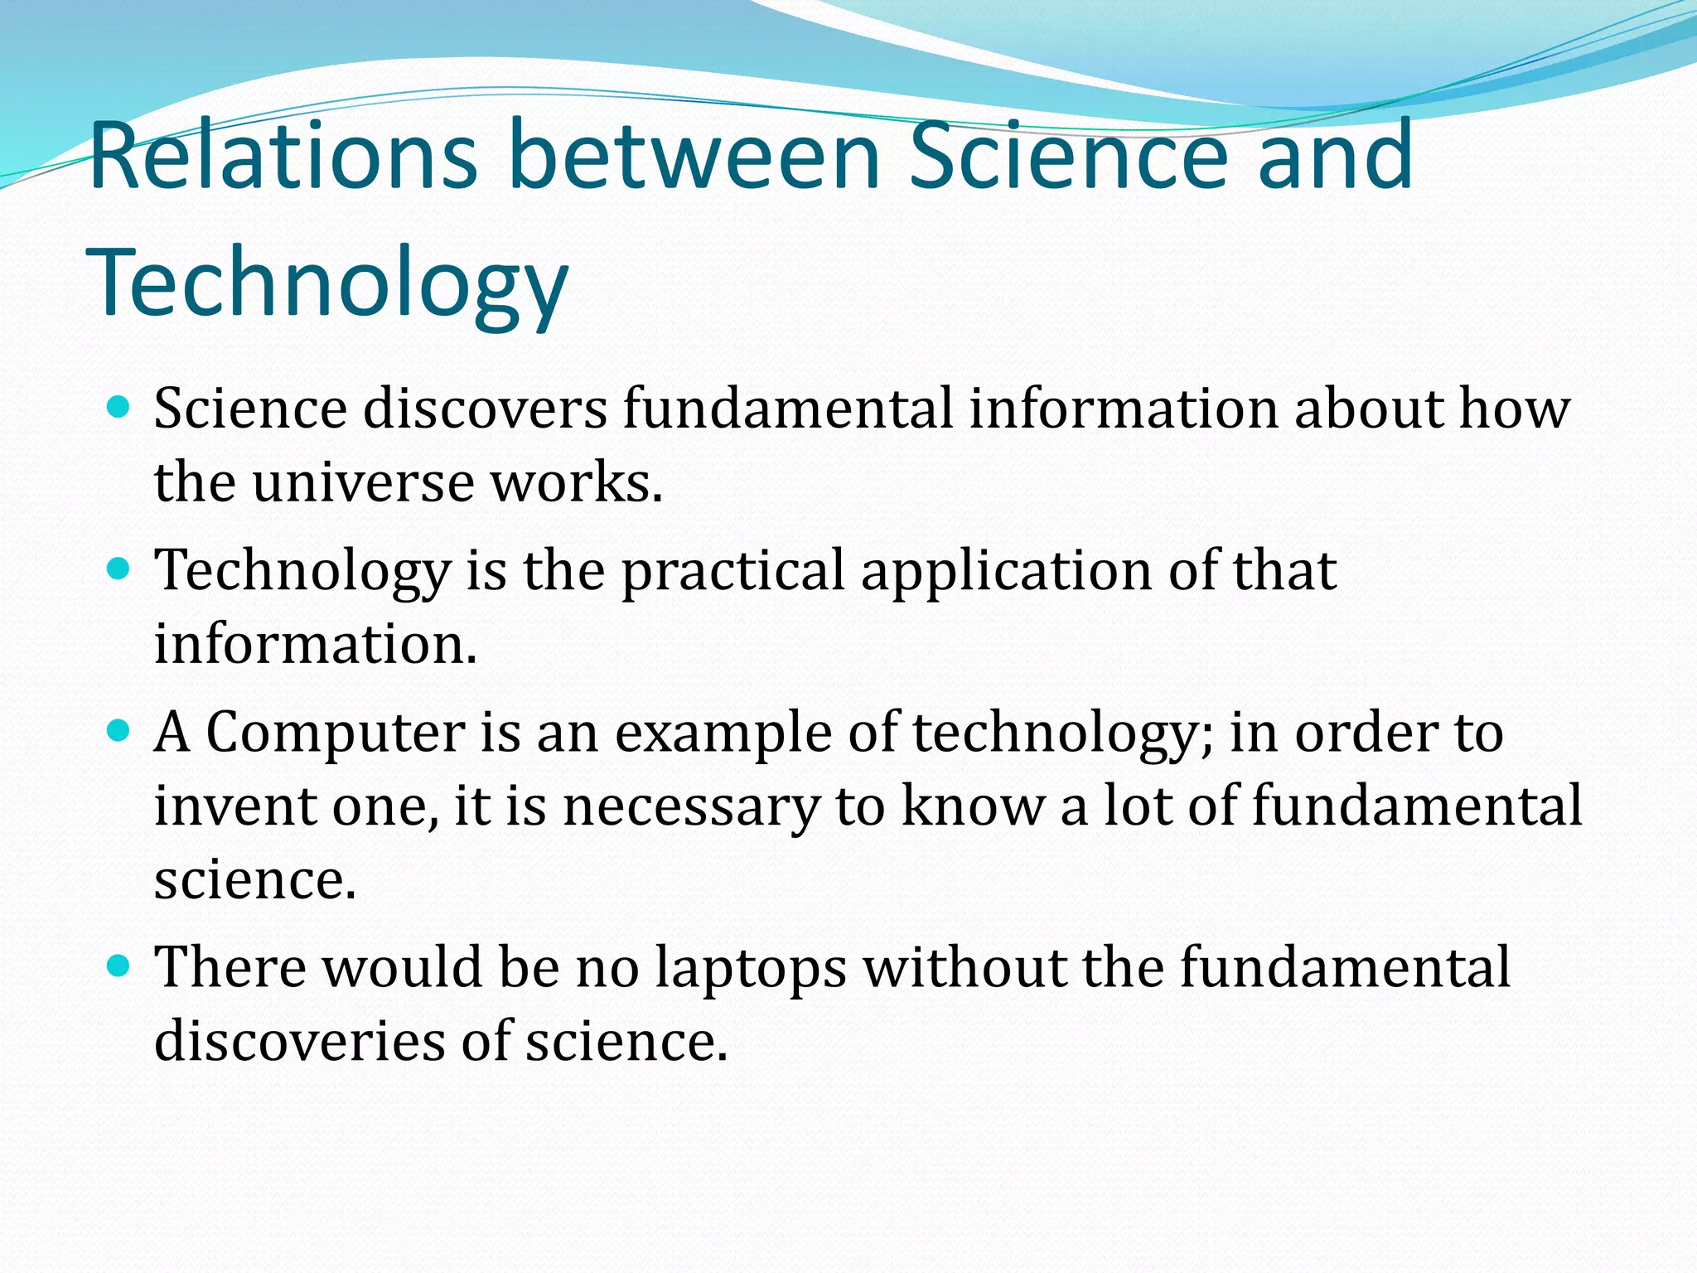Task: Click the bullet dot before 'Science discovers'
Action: (119, 407)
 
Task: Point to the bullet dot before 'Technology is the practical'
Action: (119, 569)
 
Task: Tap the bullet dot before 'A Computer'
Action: (119, 730)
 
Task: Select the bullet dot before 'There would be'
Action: (119, 966)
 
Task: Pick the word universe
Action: (364, 482)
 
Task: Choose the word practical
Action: (733, 572)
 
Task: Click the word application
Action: (1006, 572)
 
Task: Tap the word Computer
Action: (336, 733)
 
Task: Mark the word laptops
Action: (751, 969)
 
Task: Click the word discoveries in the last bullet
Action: (299, 1040)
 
